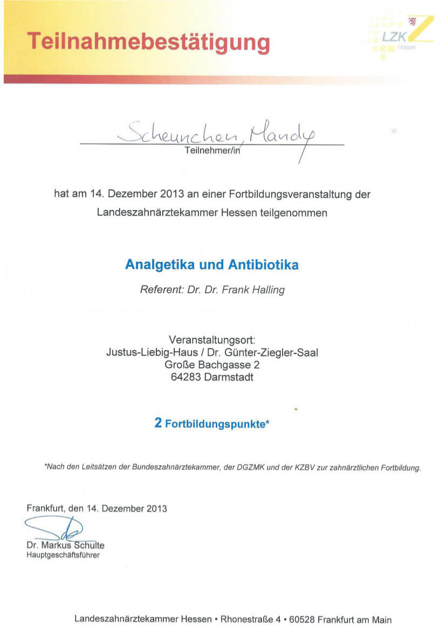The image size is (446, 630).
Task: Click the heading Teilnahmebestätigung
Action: tap(148, 42)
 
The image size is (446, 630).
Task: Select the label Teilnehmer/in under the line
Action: tap(211, 151)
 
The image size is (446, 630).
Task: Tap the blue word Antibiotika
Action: tap(263, 265)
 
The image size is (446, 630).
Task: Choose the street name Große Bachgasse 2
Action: tap(212, 365)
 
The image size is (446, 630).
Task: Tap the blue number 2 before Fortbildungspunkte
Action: tap(158, 423)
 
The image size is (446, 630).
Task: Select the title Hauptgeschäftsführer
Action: tap(63, 555)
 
